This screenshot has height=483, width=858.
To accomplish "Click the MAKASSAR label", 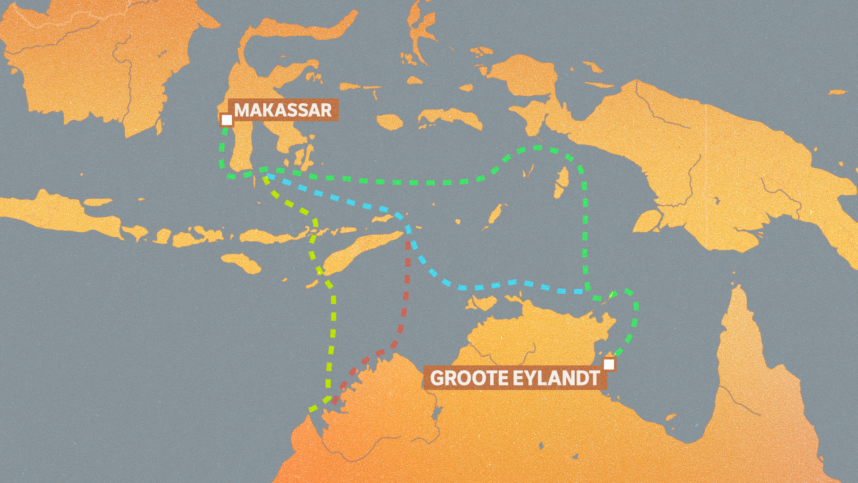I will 283,110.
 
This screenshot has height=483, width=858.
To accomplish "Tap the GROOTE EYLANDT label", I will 515,378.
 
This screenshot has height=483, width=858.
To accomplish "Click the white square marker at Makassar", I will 227,120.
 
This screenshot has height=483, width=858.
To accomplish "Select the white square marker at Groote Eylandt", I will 609,364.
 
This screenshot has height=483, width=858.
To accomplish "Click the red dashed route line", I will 406,295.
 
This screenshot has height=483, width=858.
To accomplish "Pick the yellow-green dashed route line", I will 333,322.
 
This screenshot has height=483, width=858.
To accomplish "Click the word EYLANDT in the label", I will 556,378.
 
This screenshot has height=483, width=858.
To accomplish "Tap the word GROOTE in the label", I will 469,378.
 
